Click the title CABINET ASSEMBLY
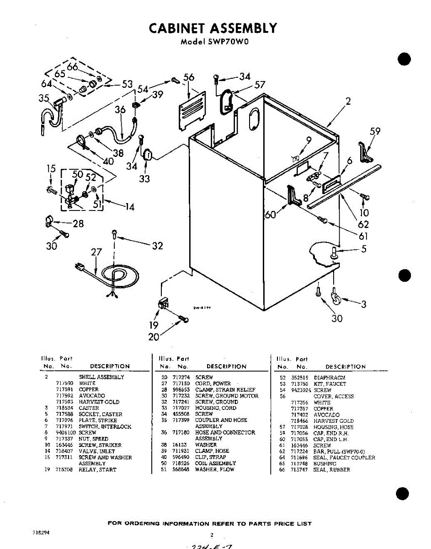[213, 28]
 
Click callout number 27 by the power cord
[96, 253]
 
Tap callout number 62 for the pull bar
[363, 225]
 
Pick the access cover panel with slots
[191, 109]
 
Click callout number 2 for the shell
[348, 102]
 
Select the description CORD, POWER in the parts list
[213, 383]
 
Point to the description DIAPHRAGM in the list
[329, 377]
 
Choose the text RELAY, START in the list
[97, 469]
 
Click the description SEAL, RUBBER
[331, 469]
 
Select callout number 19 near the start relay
[154, 325]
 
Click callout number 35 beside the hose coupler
[44, 98]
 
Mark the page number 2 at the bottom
[212, 534]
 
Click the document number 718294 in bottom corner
[41, 533]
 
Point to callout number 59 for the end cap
[375, 132]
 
